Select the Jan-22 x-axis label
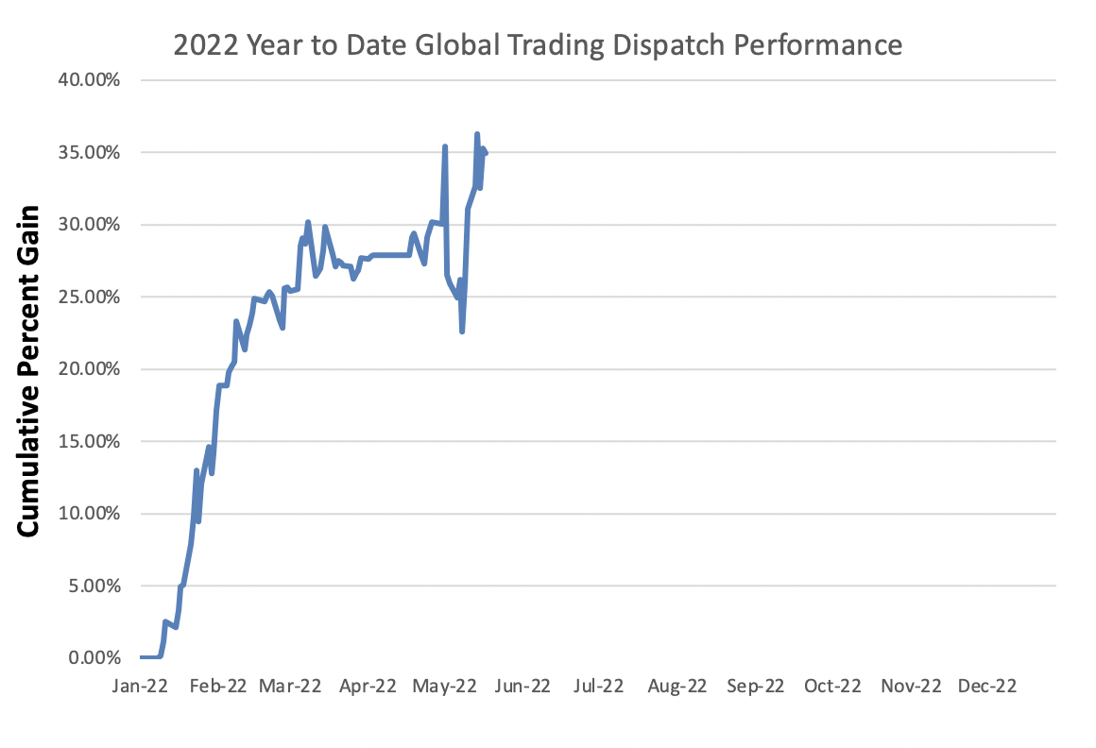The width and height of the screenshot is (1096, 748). click(140, 687)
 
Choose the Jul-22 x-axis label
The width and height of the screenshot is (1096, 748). click(598, 687)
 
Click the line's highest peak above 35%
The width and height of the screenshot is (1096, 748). click(477, 134)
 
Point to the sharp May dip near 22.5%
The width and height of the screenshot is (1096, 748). click(462, 331)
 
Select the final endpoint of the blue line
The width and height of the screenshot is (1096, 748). click(485, 153)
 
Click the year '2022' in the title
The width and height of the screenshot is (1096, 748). click(203, 44)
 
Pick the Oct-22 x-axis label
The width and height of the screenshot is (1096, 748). click(831, 687)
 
